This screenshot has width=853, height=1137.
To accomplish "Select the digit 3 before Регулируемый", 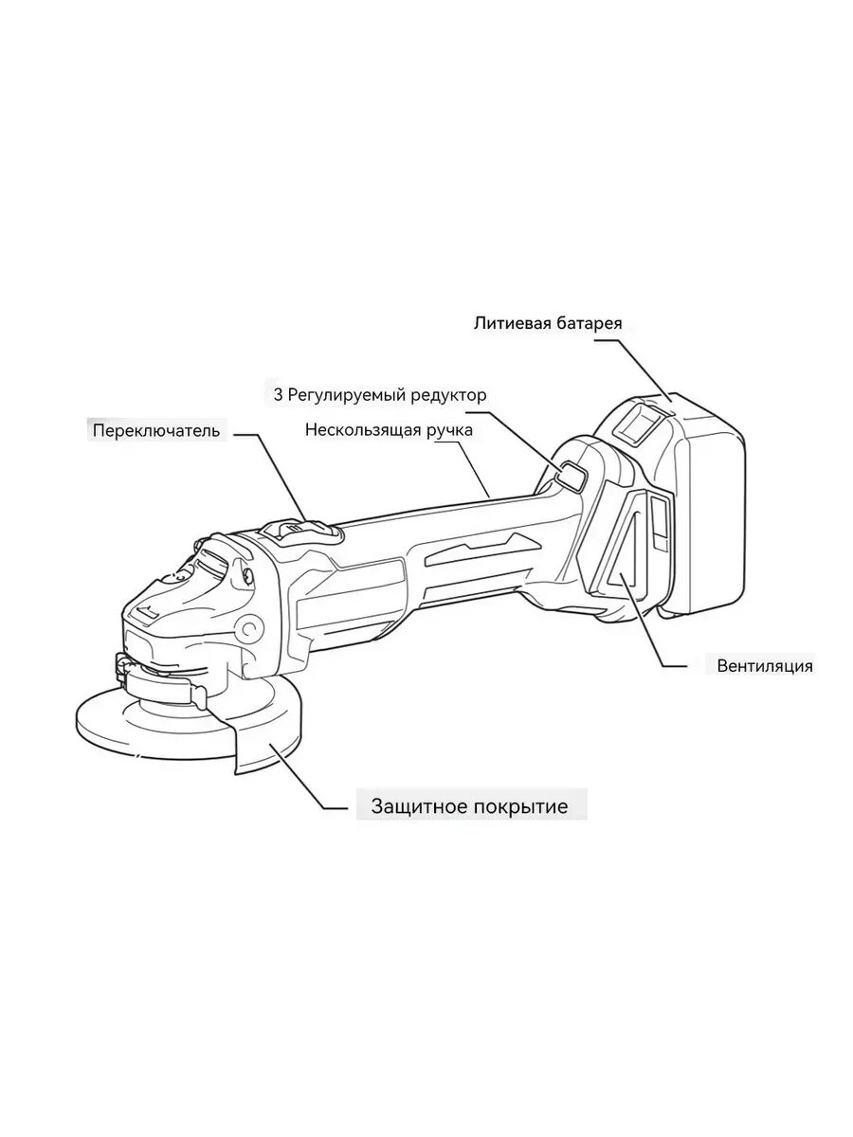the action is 279,394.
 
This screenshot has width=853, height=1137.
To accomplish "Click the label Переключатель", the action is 156,431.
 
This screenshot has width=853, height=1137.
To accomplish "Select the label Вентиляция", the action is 764,665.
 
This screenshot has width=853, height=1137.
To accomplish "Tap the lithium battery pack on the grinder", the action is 692,502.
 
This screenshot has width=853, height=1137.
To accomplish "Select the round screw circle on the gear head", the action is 250,626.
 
